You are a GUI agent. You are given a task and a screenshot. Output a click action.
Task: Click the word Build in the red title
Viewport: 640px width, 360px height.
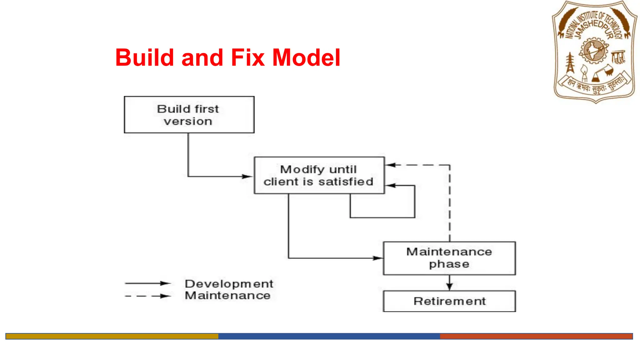click(x=144, y=58)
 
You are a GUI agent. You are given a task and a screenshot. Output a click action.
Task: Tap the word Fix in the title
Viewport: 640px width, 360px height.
click(x=247, y=58)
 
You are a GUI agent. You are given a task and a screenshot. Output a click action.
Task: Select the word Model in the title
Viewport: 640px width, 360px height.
click(x=306, y=58)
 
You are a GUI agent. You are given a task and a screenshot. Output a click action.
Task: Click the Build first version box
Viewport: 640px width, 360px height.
click(x=189, y=115)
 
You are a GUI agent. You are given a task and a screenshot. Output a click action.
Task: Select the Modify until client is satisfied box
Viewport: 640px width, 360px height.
click(x=319, y=175)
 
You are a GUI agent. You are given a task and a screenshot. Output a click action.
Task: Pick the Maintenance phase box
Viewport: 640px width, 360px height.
click(x=449, y=258)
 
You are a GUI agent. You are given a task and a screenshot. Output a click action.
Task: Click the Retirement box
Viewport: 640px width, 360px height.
click(x=449, y=301)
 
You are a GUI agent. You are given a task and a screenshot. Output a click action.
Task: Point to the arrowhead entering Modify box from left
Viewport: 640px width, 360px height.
click(x=248, y=177)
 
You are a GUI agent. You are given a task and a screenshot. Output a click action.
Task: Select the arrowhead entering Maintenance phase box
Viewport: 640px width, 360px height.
click(x=378, y=258)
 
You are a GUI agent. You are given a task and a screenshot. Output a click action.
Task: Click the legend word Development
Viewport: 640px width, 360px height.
click(x=229, y=284)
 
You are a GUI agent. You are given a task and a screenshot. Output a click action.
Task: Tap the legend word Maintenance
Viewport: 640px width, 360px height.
click(x=227, y=296)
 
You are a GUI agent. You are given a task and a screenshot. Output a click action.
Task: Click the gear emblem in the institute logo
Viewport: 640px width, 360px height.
click(x=593, y=51)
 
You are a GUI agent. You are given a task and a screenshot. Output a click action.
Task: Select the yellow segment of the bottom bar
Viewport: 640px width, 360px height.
click(x=112, y=336)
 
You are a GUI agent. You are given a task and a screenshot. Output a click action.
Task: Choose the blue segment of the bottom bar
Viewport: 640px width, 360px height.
click(x=329, y=336)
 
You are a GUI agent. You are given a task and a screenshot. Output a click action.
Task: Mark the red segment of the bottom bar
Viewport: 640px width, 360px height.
click(x=536, y=336)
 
